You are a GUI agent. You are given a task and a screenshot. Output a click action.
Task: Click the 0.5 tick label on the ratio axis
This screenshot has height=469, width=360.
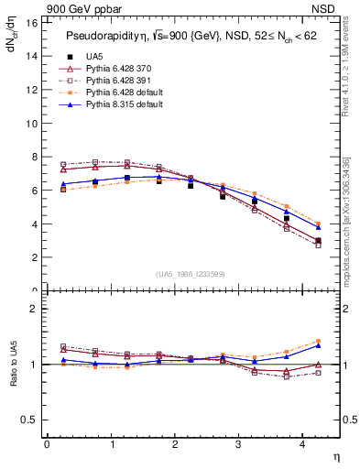28,420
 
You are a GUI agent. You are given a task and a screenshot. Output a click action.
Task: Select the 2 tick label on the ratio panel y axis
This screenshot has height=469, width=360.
33,309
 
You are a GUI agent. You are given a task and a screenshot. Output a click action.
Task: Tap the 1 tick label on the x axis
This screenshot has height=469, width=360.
111,444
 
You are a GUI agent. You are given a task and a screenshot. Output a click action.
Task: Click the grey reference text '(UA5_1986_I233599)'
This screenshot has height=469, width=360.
192,273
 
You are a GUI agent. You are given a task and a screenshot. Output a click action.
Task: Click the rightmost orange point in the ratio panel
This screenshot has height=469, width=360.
318,341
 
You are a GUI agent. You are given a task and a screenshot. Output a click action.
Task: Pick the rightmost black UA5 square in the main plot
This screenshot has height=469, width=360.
318,241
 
